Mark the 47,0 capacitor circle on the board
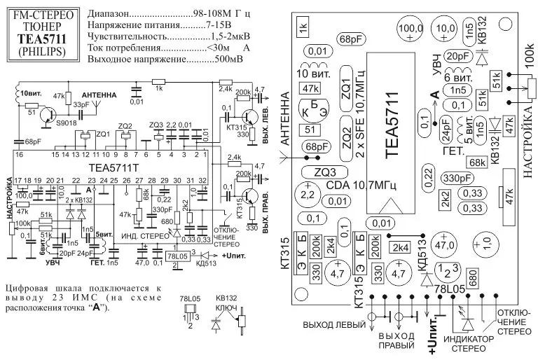point(446,246)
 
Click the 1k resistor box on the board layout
point(303,29)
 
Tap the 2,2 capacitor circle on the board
point(307,193)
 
